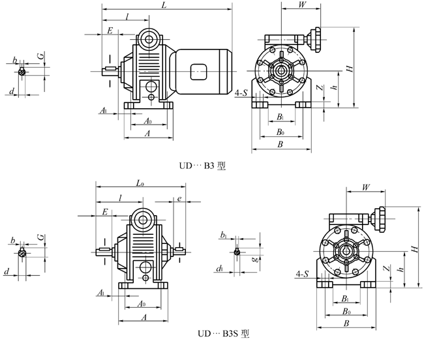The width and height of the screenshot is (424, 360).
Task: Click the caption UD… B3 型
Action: tap(202, 166)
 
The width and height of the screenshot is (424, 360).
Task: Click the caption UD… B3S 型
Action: tap(223, 333)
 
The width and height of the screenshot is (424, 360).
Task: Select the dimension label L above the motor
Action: tap(164, 5)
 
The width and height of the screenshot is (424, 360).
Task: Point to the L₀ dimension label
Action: tap(140, 183)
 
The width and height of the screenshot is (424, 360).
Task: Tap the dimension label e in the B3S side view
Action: tap(179, 199)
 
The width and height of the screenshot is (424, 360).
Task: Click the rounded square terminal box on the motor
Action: tap(198, 72)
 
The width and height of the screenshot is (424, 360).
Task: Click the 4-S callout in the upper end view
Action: tap(241, 93)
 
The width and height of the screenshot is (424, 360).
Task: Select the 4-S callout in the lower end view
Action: tap(302, 274)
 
